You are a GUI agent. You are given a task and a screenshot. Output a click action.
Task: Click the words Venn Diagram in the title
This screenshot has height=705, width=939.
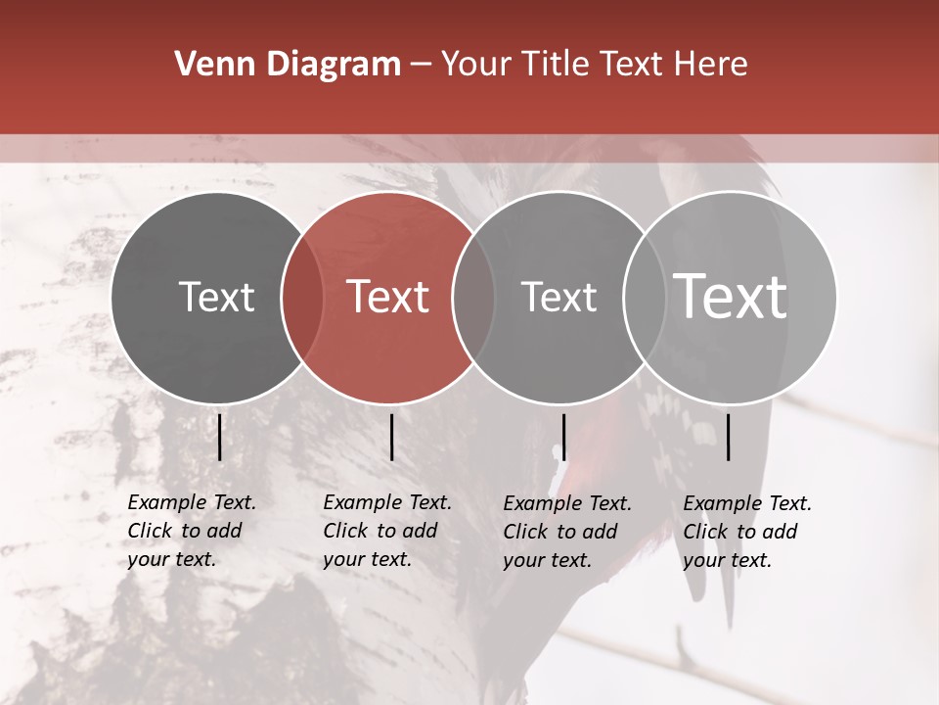pos(288,65)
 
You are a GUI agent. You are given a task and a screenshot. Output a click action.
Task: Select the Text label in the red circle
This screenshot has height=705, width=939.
pos(388,297)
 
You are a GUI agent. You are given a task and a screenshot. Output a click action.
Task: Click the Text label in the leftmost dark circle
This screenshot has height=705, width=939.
pos(216,297)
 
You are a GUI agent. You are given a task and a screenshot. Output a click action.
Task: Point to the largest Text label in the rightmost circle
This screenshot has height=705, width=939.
pos(731,297)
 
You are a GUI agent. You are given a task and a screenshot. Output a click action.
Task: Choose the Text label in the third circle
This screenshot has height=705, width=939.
pos(559,297)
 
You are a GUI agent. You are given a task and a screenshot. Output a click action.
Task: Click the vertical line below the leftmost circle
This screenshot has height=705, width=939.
pos(219,437)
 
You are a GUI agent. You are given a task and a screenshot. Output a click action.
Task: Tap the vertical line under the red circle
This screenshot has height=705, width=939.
pos(391,437)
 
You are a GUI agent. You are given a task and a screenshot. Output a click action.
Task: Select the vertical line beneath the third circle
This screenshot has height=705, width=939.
pos(563,437)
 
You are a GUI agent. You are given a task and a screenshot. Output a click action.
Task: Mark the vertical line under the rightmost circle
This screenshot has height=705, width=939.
pos(728,437)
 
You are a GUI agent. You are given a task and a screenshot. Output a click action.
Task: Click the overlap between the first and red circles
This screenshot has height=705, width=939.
pos(302,298)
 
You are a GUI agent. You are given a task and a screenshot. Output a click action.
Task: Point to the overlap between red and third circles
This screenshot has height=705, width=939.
pos(473,298)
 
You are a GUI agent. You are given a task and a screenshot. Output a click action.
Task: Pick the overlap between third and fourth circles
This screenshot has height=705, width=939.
pos(644,298)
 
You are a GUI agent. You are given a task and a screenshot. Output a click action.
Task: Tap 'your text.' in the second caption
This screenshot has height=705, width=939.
pos(367,559)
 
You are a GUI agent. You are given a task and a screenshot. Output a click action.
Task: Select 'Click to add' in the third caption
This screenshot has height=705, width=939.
pos(560,532)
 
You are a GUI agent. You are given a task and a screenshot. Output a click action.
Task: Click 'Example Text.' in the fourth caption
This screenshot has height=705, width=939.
pos(747,503)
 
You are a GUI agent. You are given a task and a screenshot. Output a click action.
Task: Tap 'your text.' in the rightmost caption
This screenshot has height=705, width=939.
pos(727,560)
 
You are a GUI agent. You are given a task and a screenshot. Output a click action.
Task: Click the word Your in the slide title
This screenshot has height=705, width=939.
pos(476,65)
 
